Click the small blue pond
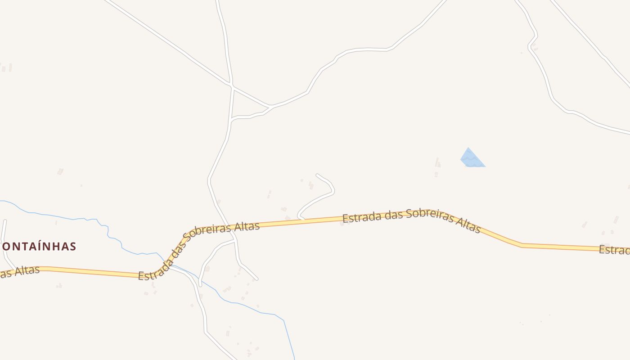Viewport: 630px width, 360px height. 472,159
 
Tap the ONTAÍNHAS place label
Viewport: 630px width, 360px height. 39,246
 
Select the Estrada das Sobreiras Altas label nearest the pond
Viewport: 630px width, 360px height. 411,220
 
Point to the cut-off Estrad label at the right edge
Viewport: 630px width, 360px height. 614,250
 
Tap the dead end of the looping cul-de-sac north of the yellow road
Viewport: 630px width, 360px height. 317,175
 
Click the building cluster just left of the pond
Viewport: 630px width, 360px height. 436,165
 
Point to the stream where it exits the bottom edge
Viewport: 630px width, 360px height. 294,358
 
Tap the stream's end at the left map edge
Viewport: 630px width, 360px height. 1,201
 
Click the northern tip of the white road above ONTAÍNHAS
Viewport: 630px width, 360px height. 5,220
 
